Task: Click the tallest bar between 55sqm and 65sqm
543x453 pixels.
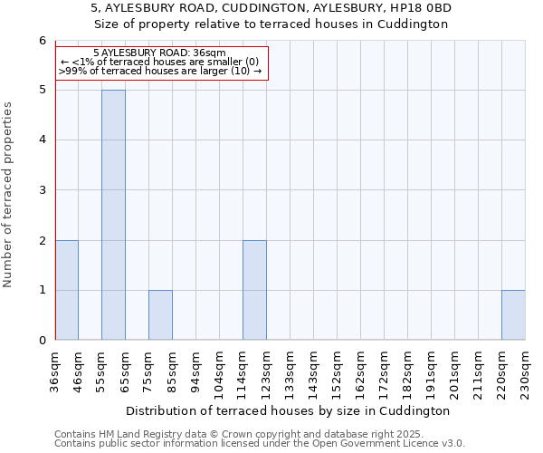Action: tap(113, 215)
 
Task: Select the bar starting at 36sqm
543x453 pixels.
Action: tap(67, 290)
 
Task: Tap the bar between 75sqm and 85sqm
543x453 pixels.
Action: tap(160, 315)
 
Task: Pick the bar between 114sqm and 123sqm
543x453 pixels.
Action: tap(254, 290)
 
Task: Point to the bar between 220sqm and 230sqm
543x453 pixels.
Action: tap(513, 315)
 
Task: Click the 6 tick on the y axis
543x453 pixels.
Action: tap(42, 41)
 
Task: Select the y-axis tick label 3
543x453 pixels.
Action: tap(42, 190)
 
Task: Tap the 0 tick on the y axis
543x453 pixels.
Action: tap(42, 341)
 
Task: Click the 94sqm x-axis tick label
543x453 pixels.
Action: tap(196, 370)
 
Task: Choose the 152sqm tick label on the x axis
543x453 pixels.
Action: tap(338, 371)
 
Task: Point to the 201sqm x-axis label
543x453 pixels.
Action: tap(455, 371)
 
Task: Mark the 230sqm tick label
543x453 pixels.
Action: tap(526, 371)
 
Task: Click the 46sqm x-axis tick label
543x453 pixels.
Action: tap(79, 370)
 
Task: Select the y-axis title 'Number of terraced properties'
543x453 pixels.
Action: tap(9, 195)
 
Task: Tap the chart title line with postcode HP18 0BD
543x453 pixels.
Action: tap(271, 8)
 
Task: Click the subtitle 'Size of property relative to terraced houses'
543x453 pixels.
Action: tap(271, 24)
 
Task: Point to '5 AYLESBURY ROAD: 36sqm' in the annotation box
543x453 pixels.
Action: tap(159, 53)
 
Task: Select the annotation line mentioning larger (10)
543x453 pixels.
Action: tap(159, 71)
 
